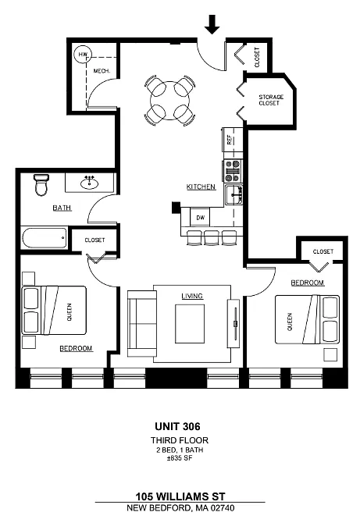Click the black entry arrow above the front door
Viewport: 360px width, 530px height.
[x=212, y=24]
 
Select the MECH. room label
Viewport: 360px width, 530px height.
[x=102, y=71]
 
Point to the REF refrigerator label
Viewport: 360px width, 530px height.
[x=230, y=140]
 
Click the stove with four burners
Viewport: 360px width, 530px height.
[x=233, y=171]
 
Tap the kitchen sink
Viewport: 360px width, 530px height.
[x=234, y=194]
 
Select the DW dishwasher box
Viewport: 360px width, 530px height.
[x=201, y=218]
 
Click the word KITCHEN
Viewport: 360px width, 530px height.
[x=201, y=187]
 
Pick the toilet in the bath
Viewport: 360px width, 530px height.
[x=41, y=185]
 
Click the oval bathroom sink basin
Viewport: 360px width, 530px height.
[x=90, y=183]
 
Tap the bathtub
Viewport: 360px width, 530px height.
[x=45, y=238]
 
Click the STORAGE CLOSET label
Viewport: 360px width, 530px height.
[x=271, y=100]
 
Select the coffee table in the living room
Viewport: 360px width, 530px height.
[x=190, y=324]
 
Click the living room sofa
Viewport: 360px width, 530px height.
[x=141, y=323]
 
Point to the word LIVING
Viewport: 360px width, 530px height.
[x=192, y=296]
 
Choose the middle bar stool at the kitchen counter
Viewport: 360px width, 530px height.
[x=212, y=237]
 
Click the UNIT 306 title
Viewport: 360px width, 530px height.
[x=177, y=426]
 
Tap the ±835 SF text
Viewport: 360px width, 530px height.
[x=180, y=458]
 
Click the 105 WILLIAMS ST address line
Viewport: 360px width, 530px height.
[x=180, y=496]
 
